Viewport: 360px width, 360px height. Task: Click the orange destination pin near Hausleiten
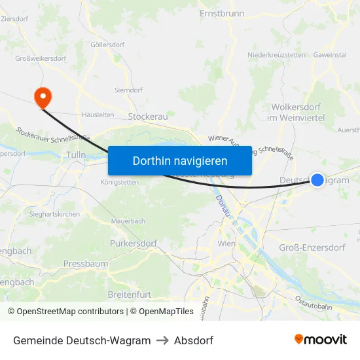(x=43, y=98)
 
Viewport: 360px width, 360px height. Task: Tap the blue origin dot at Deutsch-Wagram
(x=317, y=179)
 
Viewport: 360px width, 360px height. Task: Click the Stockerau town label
(x=148, y=117)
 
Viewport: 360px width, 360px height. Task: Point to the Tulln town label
(x=77, y=155)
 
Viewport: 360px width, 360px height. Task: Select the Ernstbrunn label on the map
(x=221, y=13)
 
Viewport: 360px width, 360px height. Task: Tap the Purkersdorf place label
(x=134, y=243)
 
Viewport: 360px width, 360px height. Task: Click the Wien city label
(x=226, y=243)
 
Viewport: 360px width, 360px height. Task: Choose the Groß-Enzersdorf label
(x=312, y=247)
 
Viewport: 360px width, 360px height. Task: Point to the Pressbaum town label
(x=86, y=264)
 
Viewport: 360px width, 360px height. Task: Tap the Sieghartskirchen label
(x=54, y=214)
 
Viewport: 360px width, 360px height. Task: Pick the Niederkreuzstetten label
(x=277, y=56)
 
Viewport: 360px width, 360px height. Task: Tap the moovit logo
(x=321, y=340)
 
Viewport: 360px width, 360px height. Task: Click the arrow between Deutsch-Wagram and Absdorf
(x=162, y=340)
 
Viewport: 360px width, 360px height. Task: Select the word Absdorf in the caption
(x=194, y=340)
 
